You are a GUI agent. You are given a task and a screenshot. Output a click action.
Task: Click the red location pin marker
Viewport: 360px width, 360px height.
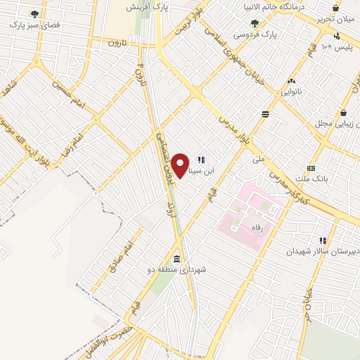coord(181,165)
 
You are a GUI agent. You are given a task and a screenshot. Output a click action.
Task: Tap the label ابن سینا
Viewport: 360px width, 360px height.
coord(214,170)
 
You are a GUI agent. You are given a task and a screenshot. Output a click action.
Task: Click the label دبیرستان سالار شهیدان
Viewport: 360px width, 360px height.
coord(321,250)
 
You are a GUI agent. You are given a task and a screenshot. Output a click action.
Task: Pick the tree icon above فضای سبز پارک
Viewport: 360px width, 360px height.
coord(35,13)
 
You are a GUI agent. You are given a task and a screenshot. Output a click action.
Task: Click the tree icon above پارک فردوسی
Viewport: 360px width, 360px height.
coord(255,23)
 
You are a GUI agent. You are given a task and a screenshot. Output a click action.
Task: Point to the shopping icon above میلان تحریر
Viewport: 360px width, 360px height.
coord(336,8)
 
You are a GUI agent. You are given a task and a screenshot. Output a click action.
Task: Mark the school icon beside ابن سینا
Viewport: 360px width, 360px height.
coord(202,160)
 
